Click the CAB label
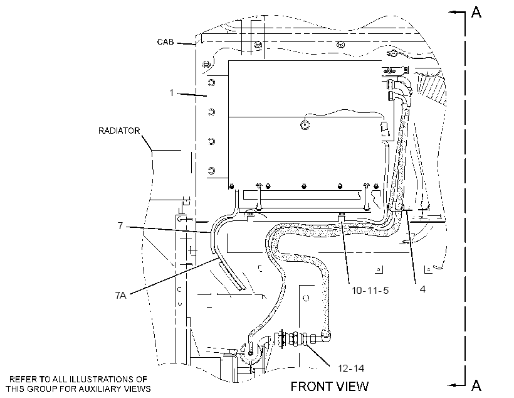pos(165,42)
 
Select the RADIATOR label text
pos(119,131)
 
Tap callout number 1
pos(172,93)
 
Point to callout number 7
pos(120,225)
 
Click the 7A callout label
pos(120,295)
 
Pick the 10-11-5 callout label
pos(370,290)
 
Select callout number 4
pos(422,289)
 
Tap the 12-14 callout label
pos(351,368)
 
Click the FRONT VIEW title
pos(330,387)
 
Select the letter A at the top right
pos(476,12)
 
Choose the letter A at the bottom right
pos(476,385)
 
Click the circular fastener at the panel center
pos(305,125)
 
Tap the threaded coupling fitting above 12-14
pos(296,340)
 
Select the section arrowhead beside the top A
pos(453,13)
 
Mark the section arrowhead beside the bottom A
pos(453,385)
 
